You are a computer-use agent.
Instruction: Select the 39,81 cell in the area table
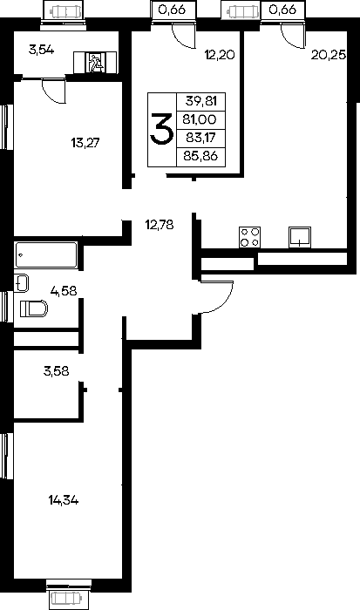pyautogui.click(x=200, y=102)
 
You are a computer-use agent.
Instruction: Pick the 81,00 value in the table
pyautogui.click(x=200, y=120)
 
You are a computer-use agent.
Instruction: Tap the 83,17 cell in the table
pyautogui.click(x=200, y=138)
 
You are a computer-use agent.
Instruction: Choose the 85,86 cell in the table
pyautogui.click(x=200, y=157)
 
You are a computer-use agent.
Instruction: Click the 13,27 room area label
pyautogui.click(x=85, y=143)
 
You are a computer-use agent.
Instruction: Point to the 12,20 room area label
pyautogui.click(x=220, y=55)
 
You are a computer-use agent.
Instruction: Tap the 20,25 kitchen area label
pyautogui.click(x=329, y=55)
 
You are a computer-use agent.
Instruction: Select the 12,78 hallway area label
pyautogui.click(x=160, y=225)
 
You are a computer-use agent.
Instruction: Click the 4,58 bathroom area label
pyautogui.click(x=64, y=290)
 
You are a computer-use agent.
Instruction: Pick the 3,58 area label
pyautogui.click(x=57, y=371)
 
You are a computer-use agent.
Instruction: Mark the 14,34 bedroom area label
pyautogui.click(x=64, y=500)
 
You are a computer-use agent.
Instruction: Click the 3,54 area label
pyautogui.click(x=41, y=50)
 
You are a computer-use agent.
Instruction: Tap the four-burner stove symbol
pyautogui.click(x=250, y=237)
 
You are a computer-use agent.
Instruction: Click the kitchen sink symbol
pyautogui.click(x=300, y=237)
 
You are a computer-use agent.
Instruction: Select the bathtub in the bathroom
pyautogui.click(x=46, y=255)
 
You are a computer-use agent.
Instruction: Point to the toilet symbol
pyautogui.click(x=33, y=308)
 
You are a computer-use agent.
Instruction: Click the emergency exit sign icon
pyautogui.click(x=95, y=62)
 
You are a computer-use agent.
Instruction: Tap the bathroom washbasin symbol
pyautogui.click(x=22, y=283)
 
